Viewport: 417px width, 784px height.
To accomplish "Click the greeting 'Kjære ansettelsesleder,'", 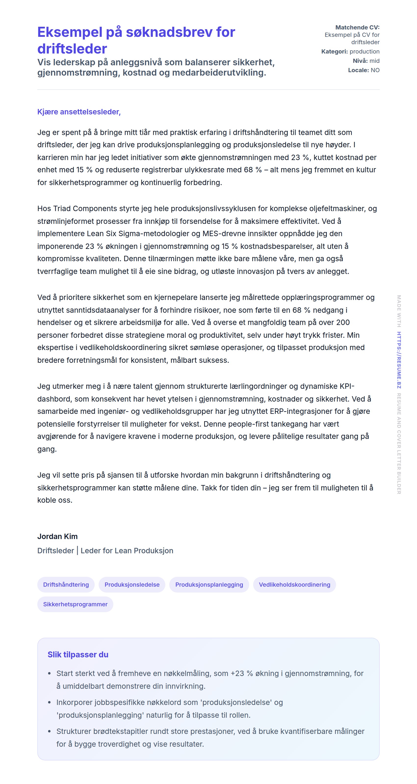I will click(x=79, y=112).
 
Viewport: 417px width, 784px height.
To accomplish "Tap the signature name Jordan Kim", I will click(x=57, y=536).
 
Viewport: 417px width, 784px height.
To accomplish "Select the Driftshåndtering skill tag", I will click(x=66, y=584).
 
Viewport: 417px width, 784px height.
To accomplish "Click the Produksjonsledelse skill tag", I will click(x=132, y=584).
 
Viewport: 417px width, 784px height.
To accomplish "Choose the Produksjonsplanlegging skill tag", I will click(x=209, y=584).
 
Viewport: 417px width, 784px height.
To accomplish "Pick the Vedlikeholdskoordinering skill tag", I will click(x=294, y=584).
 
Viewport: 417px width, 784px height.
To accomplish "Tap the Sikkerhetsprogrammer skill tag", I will click(x=75, y=604).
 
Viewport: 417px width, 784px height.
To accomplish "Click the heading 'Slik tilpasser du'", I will click(x=78, y=654).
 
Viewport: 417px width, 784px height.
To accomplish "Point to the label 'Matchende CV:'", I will click(x=357, y=27).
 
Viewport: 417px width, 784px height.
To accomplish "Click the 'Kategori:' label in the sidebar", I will click(x=334, y=52).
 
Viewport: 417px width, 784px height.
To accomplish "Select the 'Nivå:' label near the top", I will click(x=360, y=61).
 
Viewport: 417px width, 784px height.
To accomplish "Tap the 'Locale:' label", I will click(x=358, y=70).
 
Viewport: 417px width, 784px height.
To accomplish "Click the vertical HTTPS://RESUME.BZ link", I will click(x=399, y=360).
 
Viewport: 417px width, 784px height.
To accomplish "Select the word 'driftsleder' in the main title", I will click(x=72, y=49).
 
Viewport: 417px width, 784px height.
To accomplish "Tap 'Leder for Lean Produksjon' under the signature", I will click(x=127, y=551).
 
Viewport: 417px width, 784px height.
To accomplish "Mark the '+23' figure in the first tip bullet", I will click(x=237, y=673).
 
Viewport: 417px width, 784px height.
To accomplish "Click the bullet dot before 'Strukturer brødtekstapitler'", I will click(x=49, y=731).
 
